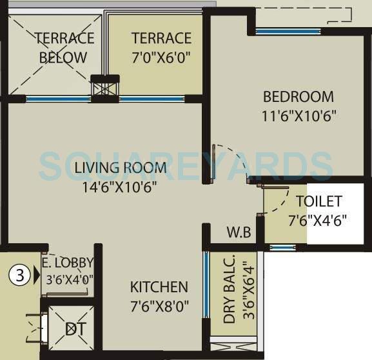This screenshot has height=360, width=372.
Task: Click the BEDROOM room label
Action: pos(299,97)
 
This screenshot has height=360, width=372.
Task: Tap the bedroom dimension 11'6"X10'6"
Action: pos(299,117)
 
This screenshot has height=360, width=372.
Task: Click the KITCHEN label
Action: pos(159,287)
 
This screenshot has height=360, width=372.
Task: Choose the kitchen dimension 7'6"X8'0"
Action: pos(159,306)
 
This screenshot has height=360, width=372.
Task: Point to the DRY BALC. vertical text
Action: pos(229,292)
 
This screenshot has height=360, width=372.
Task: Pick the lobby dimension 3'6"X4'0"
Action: pos(67,280)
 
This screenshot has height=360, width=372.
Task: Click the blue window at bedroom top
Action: pos(287,30)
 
